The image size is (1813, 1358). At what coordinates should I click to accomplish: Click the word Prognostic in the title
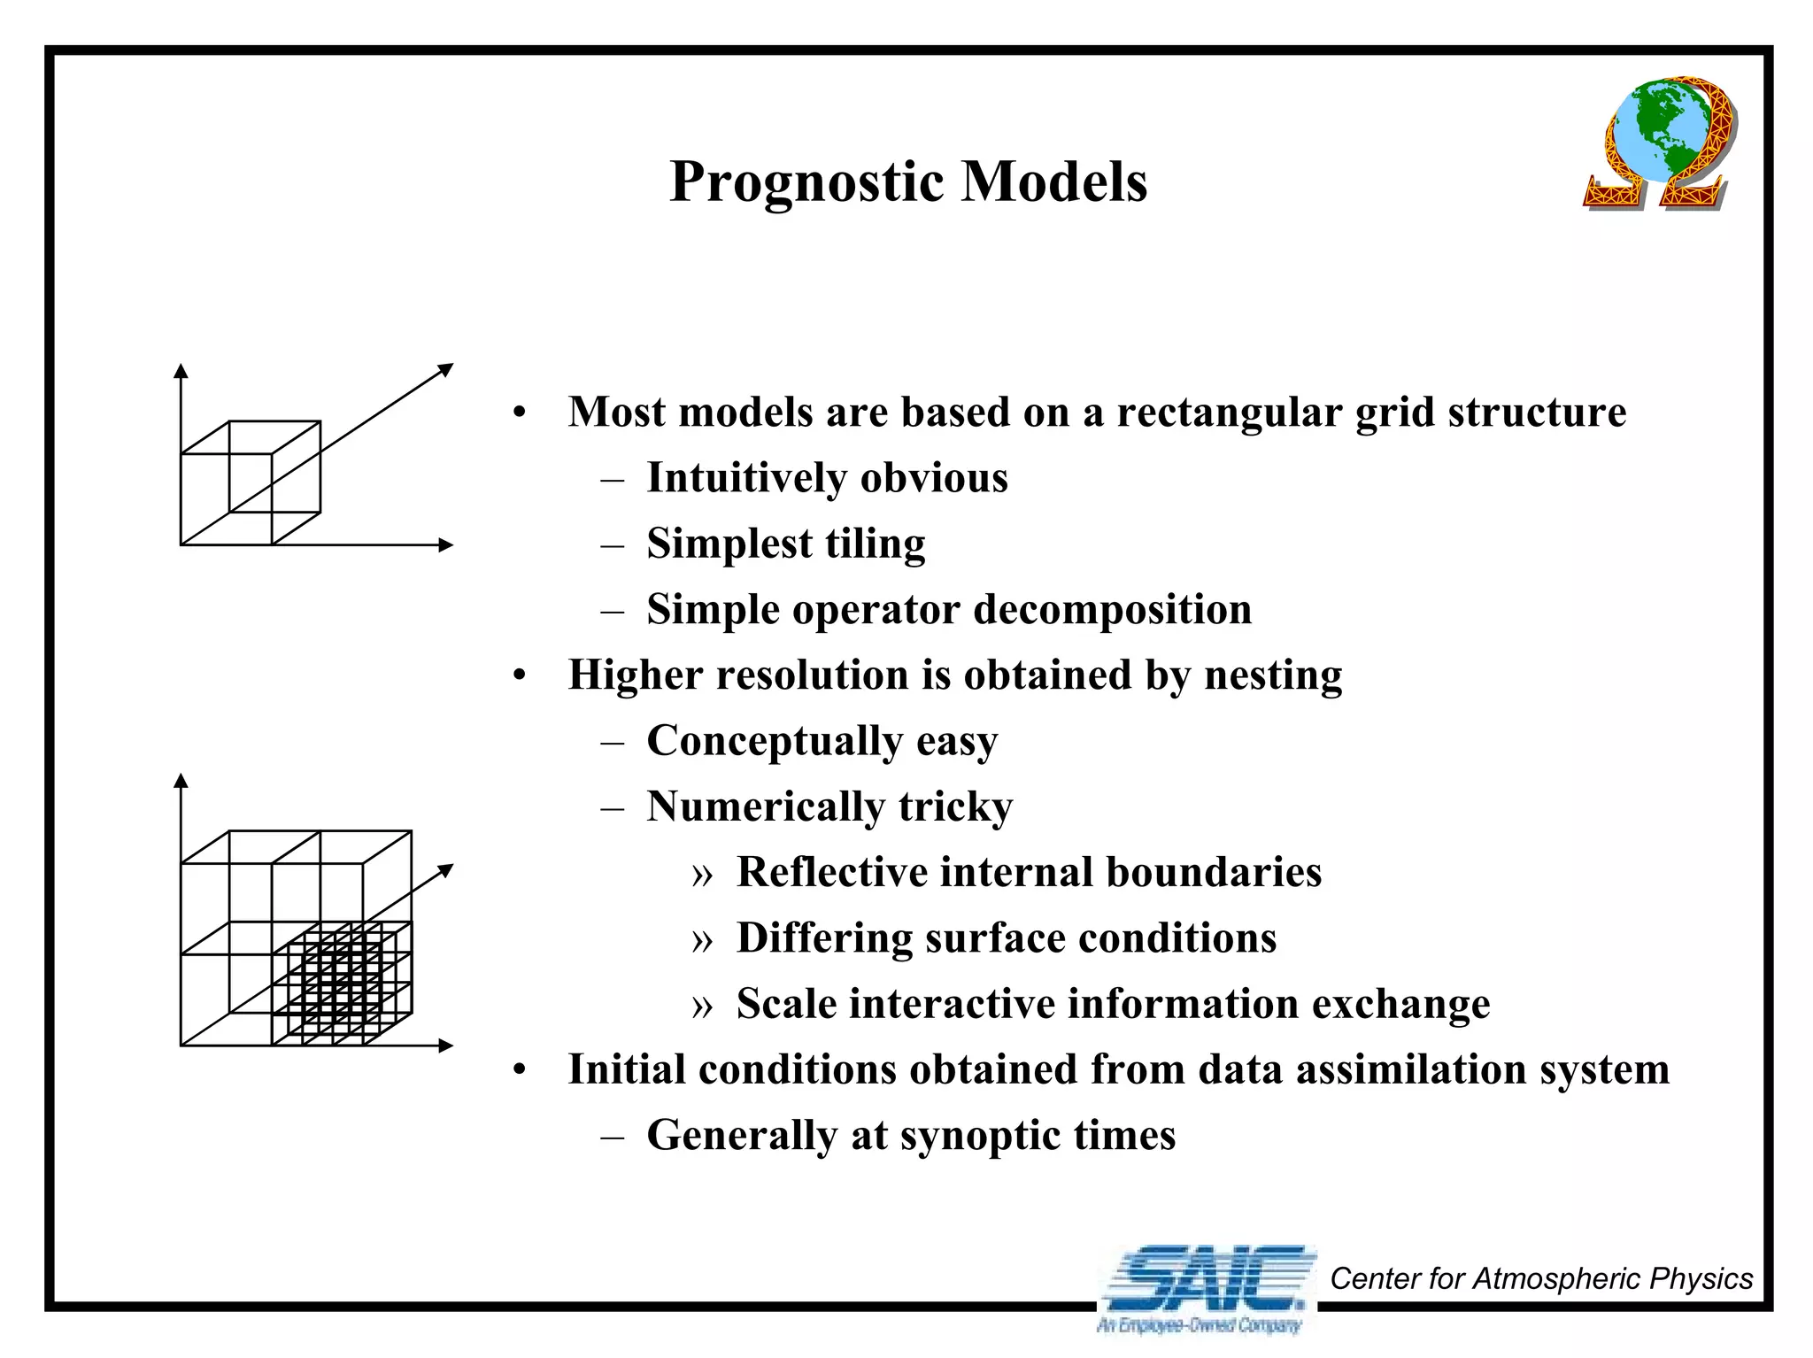click(806, 182)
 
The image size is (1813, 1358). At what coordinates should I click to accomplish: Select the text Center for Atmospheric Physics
click(1540, 1278)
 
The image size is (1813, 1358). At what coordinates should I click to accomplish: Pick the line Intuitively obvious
click(827, 478)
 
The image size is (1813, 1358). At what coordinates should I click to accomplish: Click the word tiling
click(875, 544)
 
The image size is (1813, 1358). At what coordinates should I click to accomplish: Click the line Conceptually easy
click(822, 741)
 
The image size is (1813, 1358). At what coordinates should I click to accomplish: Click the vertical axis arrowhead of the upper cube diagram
click(181, 371)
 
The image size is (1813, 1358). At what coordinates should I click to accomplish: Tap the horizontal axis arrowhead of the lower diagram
click(446, 1046)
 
